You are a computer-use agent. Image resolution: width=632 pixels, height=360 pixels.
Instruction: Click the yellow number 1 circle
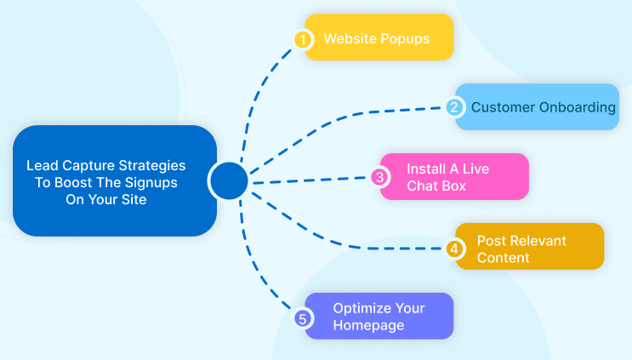pos(303,39)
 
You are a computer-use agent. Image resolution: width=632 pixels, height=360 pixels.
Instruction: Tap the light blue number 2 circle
pos(454,107)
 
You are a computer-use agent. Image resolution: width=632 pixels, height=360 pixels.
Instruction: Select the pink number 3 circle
pos(379,177)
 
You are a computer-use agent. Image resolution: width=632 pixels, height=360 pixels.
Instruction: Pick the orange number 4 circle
pos(454,249)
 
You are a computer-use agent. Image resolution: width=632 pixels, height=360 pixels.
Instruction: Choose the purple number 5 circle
pos(302,319)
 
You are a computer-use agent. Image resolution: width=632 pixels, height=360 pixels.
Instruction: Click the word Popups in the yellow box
pos(405,39)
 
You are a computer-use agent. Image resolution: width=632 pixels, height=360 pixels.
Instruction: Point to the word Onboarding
pos(578,107)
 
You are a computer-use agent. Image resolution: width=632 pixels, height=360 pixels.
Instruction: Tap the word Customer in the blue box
pos(503,107)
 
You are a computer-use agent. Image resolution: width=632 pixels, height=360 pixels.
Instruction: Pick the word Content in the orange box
pos(503,258)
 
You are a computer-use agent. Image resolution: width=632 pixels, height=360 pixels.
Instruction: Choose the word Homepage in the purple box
pos(368,325)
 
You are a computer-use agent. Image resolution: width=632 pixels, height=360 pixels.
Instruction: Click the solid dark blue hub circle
pos(229,180)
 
